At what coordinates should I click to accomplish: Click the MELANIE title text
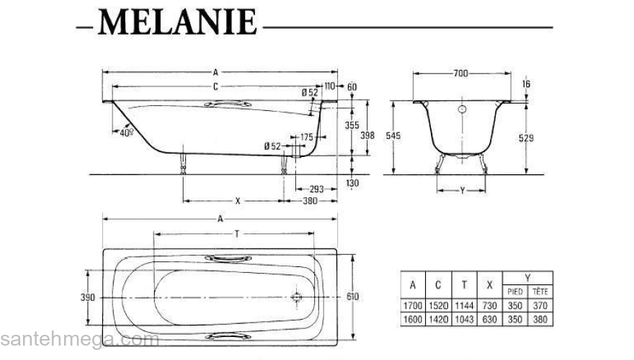pyautogui.click(x=177, y=23)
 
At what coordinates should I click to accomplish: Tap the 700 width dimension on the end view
pyautogui.click(x=462, y=73)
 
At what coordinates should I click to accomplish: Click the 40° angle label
pyautogui.click(x=127, y=133)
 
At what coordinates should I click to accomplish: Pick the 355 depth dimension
pyautogui.click(x=352, y=125)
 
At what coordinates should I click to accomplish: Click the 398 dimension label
pyautogui.click(x=368, y=135)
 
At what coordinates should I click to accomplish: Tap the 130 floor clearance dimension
pyautogui.click(x=352, y=184)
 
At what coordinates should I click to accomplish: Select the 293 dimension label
pyautogui.click(x=316, y=189)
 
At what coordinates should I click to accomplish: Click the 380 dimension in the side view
pyautogui.click(x=309, y=202)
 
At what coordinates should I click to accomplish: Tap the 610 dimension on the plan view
pyautogui.click(x=352, y=297)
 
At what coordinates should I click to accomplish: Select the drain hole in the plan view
pyautogui.click(x=296, y=297)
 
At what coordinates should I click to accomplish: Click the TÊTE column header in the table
pyautogui.click(x=539, y=292)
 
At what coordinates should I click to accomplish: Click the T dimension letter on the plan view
pyautogui.click(x=236, y=234)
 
